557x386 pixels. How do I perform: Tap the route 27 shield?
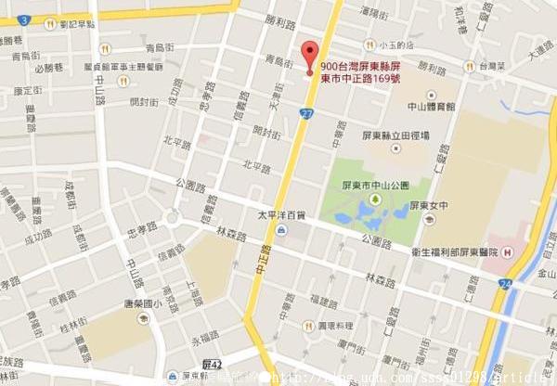(306, 112)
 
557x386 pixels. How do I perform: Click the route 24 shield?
(504, 283)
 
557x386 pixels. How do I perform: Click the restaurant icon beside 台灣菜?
(472, 67)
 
